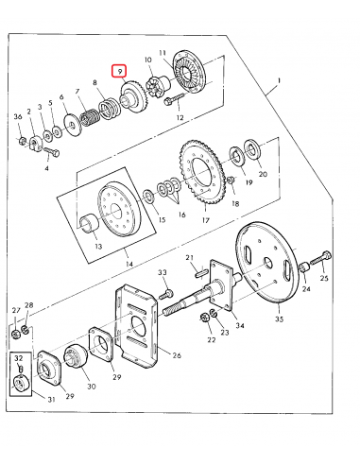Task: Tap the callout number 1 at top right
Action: (x=279, y=84)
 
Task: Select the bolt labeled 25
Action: (x=324, y=256)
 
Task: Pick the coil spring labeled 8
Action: (x=93, y=121)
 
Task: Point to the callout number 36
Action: (x=17, y=116)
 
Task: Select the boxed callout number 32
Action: (x=18, y=359)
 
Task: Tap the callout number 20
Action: (x=263, y=174)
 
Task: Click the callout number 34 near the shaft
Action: (x=240, y=325)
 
